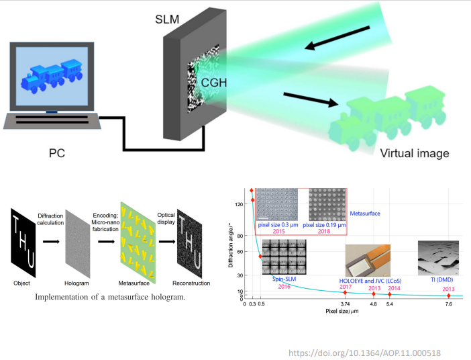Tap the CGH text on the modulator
coord(213,83)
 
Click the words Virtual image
coord(414,153)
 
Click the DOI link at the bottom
coord(364,353)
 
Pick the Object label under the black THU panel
coord(22,281)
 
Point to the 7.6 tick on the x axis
coord(448,304)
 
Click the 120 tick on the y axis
coord(240,204)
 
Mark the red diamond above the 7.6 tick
coord(449,295)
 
